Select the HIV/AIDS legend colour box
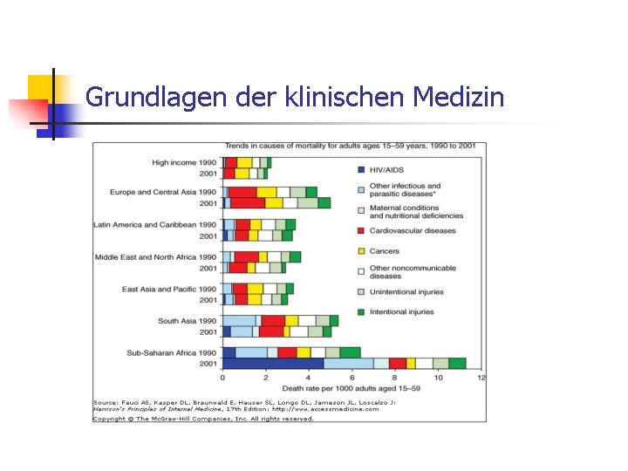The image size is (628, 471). pyautogui.click(x=360, y=169)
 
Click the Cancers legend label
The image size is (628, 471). pyautogui.click(x=385, y=251)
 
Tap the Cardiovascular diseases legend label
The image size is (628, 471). pyautogui.click(x=413, y=231)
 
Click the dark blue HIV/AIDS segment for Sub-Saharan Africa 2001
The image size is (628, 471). pyautogui.click(x=273, y=363)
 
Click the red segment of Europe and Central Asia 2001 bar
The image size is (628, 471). pyautogui.click(x=248, y=203)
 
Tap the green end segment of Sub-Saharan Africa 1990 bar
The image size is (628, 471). pyautogui.click(x=351, y=352)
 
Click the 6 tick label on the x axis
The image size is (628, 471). pyautogui.click(x=352, y=377)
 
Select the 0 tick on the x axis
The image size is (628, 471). pyautogui.click(x=222, y=377)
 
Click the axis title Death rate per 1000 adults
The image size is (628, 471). pyautogui.click(x=352, y=387)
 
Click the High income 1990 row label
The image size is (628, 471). pyautogui.click(x=184, y=162)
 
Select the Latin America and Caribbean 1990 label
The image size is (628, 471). pyautogui.click(x=155, y=224)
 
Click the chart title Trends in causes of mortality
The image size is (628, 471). pyautogui.click(x=350, y=147)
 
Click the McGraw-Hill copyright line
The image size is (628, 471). pyautogui.click(x=203, y=419)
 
